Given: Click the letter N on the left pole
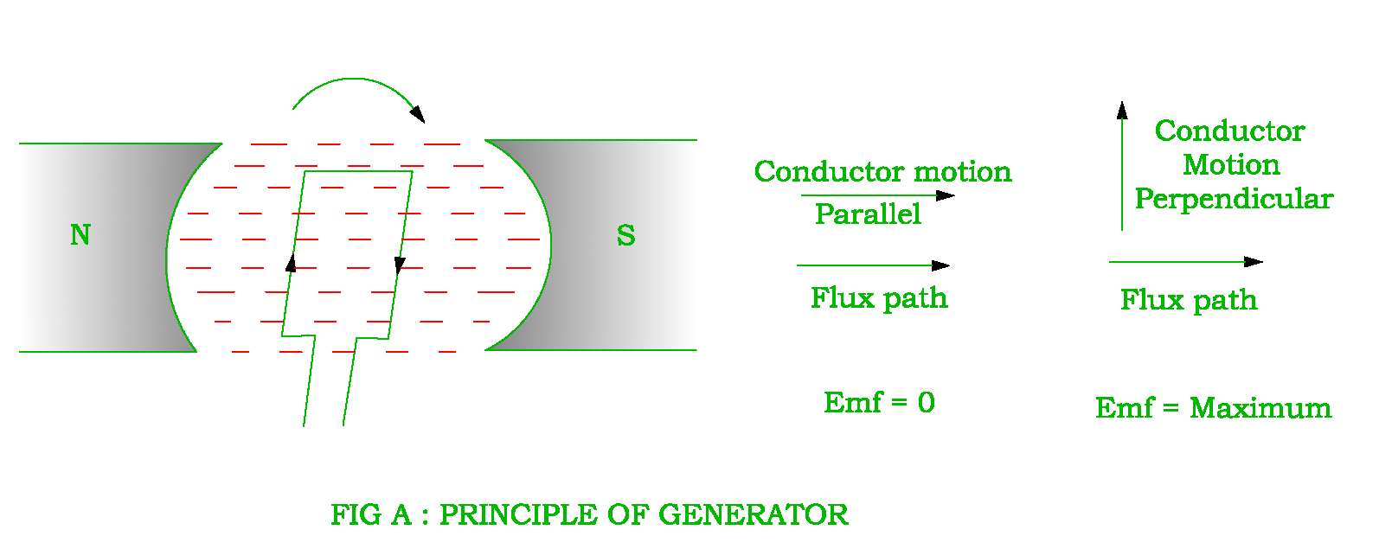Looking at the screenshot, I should [x=80, y=235].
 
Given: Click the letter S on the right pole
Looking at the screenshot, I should [x=625, y=235].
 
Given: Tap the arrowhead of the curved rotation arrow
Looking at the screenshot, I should [x=418, y=114].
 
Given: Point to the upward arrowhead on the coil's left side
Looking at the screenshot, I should [x=291, y=263].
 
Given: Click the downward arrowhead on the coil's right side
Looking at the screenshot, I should [x=399, y=265].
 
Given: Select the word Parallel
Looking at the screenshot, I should [x=868, y=214].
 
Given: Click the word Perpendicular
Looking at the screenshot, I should [x=1234, y=199].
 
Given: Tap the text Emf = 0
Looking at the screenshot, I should [x=879, y=402].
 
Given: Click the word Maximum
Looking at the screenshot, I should [x=1260, y=408].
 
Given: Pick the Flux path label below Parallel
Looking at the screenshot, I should [x=879, y=298].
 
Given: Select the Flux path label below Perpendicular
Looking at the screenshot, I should [x=1189, y=300].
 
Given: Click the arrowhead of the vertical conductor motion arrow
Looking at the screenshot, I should [x=1122, y=110].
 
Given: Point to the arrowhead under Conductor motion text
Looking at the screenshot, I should [x=946, y=195].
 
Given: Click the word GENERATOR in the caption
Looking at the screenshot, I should [x=753, y=515].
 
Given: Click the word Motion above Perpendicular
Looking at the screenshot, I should [x=1231, y=164].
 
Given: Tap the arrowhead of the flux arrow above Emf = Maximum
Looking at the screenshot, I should [x=1254, y=261].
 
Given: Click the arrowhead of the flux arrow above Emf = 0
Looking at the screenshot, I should [x=941, y=265].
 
